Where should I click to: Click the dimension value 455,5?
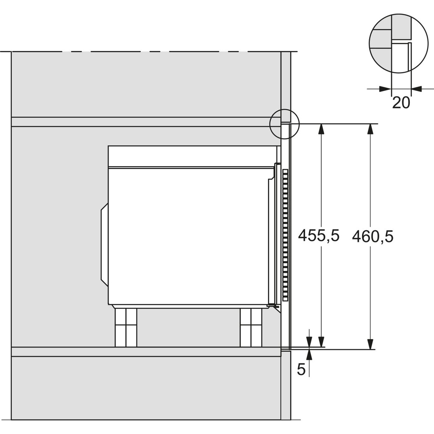319,236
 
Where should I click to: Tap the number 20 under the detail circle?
401,103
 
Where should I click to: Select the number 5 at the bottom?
301,369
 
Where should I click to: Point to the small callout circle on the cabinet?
284,124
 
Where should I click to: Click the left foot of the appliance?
126,327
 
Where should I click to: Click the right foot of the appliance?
251,327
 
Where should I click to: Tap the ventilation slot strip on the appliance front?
285,234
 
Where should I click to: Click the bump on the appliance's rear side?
104,245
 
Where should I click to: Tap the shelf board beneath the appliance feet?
144,352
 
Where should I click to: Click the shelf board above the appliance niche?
144,122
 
